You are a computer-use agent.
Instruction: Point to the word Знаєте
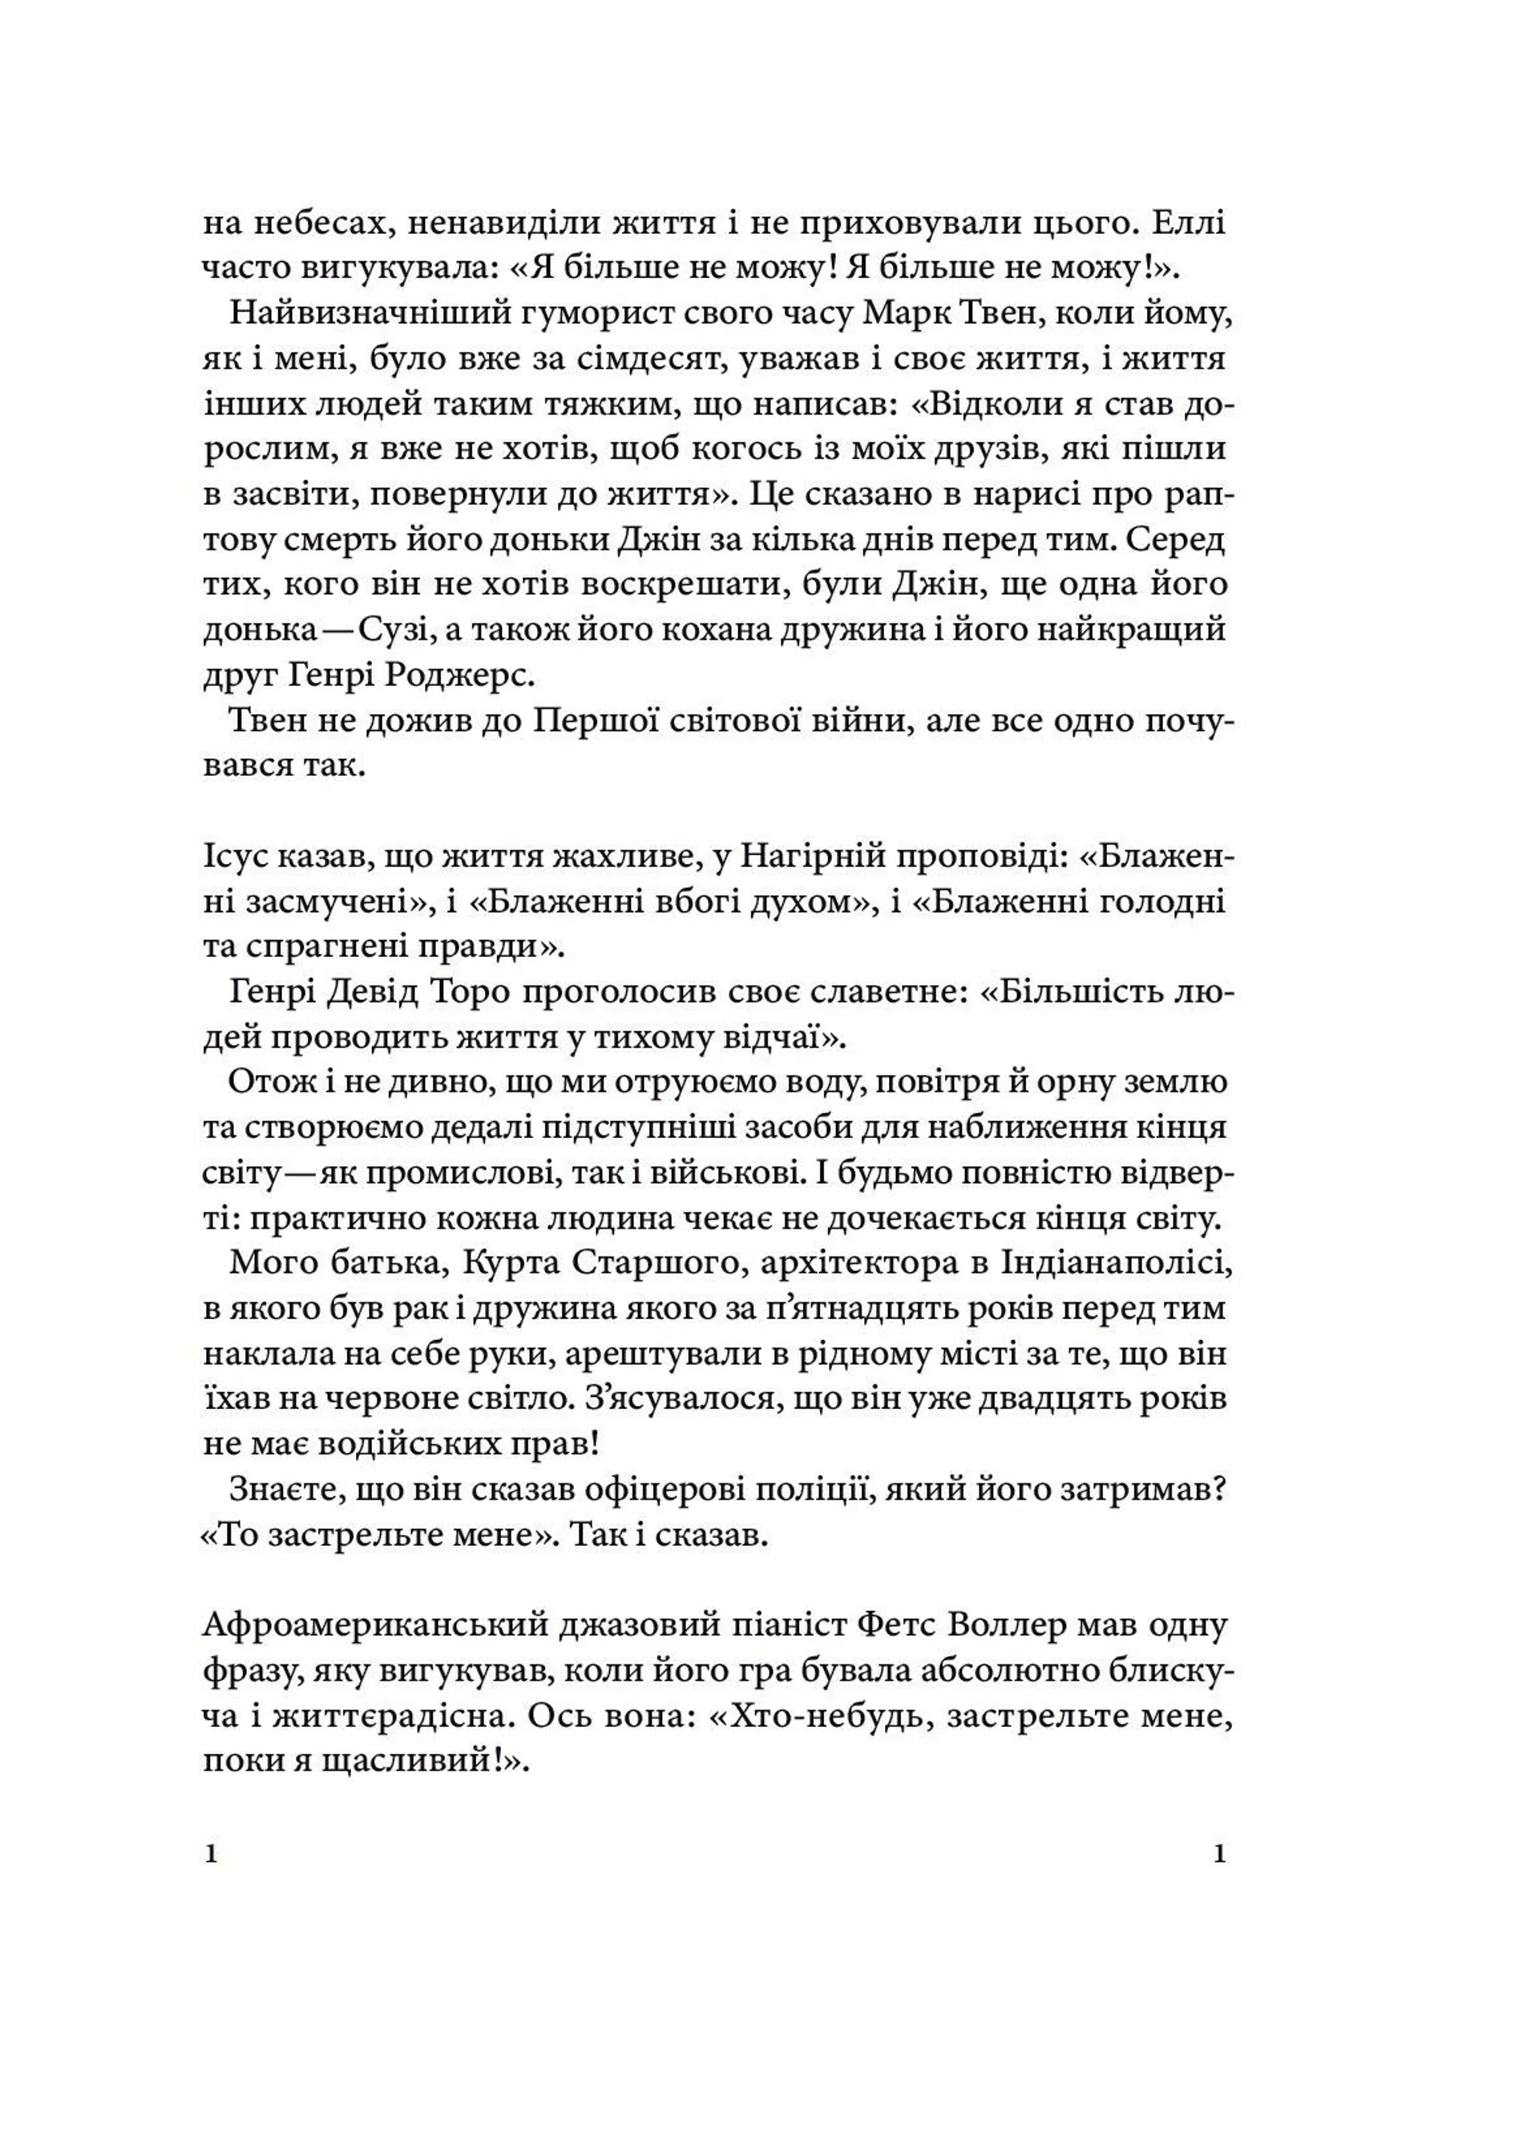(x=285, y=1489)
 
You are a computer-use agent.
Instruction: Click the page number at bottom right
(x=1220, y=1854)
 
